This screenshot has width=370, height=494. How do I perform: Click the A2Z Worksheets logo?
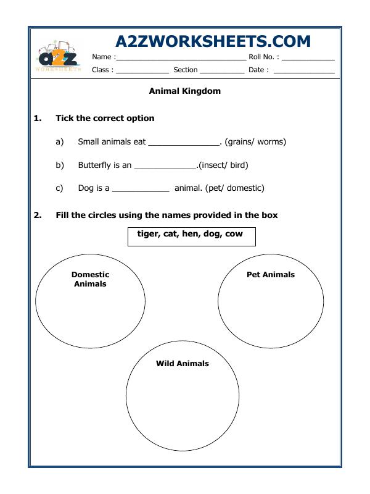tap(59, 57)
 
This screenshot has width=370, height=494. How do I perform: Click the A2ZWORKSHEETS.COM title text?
tap(213, 41)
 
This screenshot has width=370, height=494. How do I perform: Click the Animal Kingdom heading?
tap(185, 91)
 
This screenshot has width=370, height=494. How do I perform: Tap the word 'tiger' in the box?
tap(148, 234)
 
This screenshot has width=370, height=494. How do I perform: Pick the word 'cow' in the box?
tap(234, 234)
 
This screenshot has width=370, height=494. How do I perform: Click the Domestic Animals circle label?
tap(90, 279)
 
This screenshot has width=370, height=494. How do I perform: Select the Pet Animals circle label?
tap(271, 275)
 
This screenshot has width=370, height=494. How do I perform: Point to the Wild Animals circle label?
tap(183, 364)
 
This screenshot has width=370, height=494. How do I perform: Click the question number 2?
tap(37, 215)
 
